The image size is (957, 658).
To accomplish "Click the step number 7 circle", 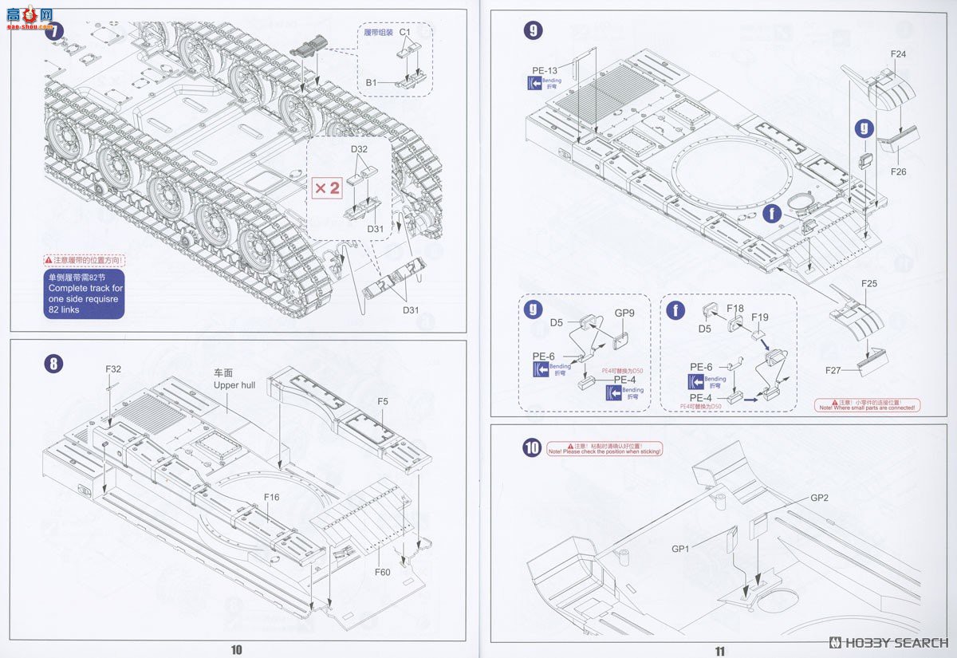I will point(54,33).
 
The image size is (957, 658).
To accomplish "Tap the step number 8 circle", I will point(53,364).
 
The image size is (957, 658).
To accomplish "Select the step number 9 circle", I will point(533,31).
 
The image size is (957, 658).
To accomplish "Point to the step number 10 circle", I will point(532,448).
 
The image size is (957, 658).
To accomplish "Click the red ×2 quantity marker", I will point(326,188).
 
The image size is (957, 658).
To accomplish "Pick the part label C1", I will point(404,33).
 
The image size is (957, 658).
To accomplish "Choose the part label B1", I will point(372,82).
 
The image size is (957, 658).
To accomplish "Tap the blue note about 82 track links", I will point(85,294).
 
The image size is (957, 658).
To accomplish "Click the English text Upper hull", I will point(234,385).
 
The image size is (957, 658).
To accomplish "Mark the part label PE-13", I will point(545,71).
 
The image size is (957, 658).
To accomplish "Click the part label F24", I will point(898,54).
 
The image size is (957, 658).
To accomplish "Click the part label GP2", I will point(820,498).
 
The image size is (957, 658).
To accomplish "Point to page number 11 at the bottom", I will point(720,650).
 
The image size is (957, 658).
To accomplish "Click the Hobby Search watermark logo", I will point(888,643).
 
